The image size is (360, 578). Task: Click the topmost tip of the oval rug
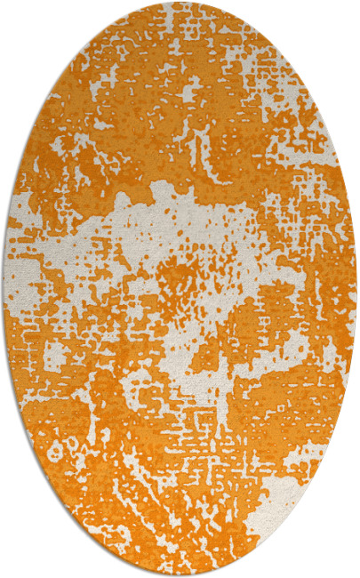(180, 3)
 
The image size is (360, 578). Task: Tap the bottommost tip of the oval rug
(180, 575)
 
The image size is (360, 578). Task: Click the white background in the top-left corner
(18, 18)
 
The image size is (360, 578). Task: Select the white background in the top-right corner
(342, 18)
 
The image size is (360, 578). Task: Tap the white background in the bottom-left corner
(18, 560)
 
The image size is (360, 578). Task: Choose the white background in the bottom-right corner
(342, 560)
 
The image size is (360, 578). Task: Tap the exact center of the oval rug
(180, 289)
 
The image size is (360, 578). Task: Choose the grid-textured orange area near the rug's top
(187, 53)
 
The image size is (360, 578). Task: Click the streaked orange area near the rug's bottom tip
(178, 534)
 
